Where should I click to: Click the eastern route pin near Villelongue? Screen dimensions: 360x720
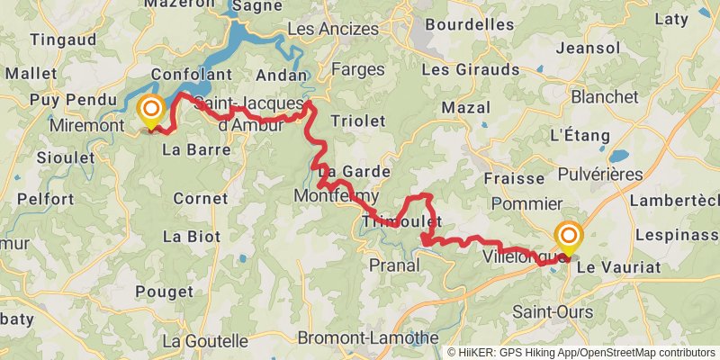pyautogui.click(x=569, y=238)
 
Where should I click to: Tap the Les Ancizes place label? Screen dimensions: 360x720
pyautogui.click(x=333, y=30)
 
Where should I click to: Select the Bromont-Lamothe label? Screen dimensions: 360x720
pyautogui.click(x=362, y=338)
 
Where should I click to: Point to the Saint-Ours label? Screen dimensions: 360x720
pyautogui.click(x=553, y=311)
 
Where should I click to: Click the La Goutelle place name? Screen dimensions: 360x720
pyautogui.click(x=205, y=341)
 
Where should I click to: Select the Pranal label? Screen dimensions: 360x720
pyautogui.click(x=394, y=265)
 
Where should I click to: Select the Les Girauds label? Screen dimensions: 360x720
pyautogui.click(x=471, y=69)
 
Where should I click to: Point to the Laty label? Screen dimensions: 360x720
pyautogui.click(x=670, y=18)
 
